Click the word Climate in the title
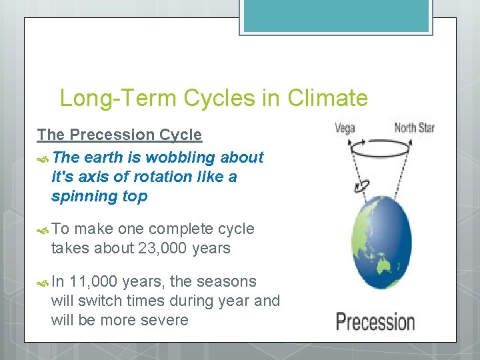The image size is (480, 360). click(327, 99)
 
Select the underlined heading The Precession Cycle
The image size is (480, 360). click(119, 135)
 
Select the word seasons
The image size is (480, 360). click(224, 281)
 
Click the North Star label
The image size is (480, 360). click(414, 127)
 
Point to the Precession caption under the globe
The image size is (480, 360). click(375, 321)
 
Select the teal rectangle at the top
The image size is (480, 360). click(335, 15)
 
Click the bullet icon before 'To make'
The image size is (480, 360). click(43, 229)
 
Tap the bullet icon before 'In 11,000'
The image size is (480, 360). click(43, 282)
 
